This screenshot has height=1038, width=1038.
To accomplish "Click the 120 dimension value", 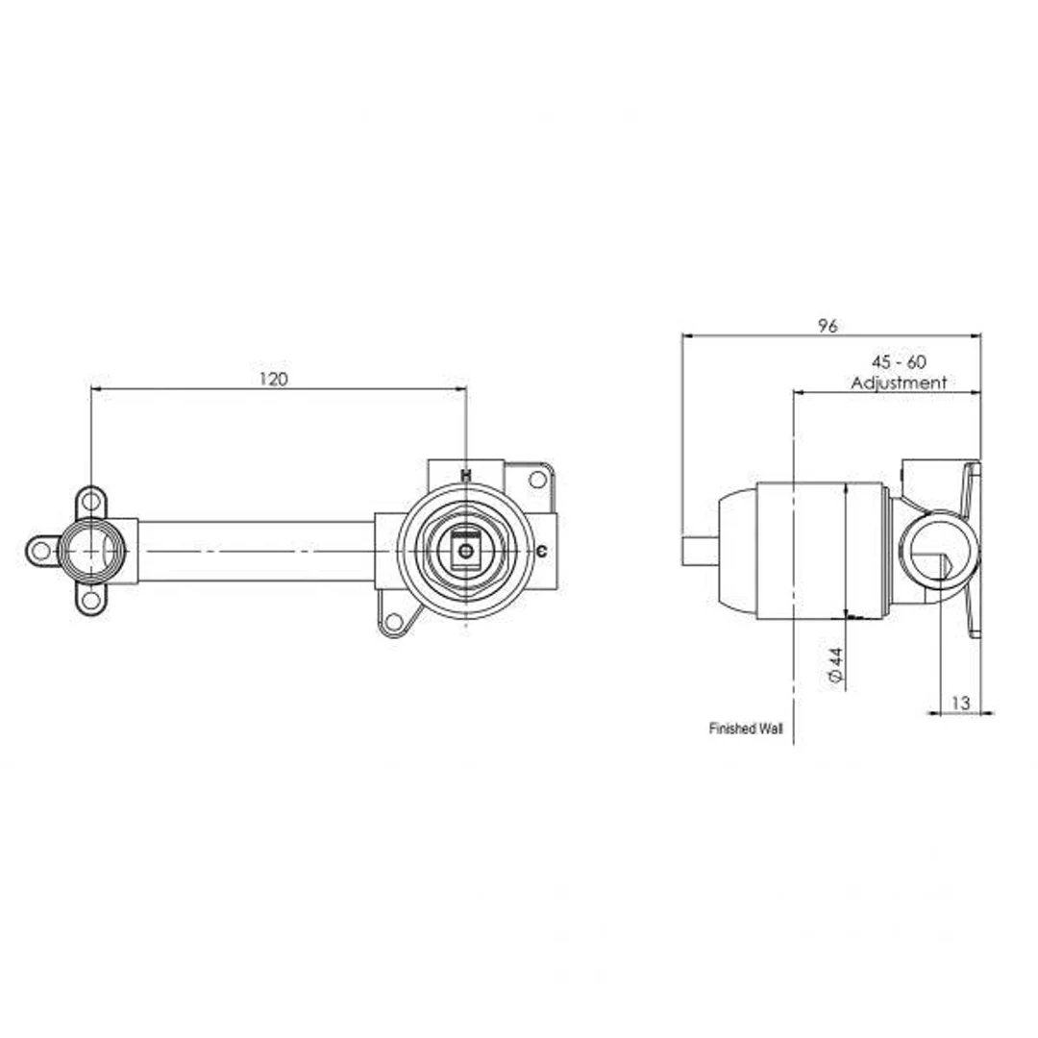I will click(273, 379).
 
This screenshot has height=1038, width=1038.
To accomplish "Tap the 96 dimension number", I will click(828, 326).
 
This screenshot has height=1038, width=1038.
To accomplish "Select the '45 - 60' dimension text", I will click(898, 362).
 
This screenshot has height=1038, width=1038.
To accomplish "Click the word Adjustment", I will click(899, 383).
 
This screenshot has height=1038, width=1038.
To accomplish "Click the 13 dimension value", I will click(960, 704).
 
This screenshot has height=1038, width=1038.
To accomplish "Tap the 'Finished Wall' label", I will click(746, 729).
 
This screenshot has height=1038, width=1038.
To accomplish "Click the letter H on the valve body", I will click(466, 475).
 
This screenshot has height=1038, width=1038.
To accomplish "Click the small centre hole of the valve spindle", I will click(466, 551).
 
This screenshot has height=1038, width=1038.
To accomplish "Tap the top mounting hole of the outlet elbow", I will click(91, 500).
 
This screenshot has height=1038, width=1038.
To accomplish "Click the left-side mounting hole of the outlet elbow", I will click(40, 551).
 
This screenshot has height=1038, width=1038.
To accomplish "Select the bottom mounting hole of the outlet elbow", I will click(91, 601).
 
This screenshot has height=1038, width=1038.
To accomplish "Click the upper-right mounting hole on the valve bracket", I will click(537, 479).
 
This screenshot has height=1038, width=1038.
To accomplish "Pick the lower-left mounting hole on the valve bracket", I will click(392, 622).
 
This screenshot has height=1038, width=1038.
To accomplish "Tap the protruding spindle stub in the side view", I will click(699, 551).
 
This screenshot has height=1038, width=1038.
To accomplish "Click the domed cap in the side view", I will click(736, 551).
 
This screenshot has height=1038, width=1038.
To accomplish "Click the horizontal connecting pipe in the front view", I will click(255, 551).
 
